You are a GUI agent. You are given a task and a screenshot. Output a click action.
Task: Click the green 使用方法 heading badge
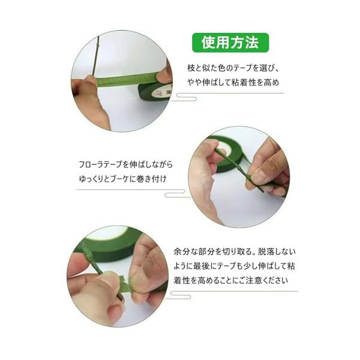tap(230, 43)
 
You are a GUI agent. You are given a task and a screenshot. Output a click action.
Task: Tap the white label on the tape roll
tap(162, 92)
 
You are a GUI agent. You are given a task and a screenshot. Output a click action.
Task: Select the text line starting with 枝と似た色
tap(233, 68)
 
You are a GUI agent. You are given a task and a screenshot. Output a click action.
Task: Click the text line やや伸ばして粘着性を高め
tap(233, 82)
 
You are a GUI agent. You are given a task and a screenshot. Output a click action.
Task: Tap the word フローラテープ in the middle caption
tap(101, 164)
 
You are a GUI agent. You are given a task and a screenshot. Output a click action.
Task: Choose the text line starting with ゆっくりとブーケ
tap(122, 179)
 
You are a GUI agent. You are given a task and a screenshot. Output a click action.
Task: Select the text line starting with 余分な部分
tap(235, 251)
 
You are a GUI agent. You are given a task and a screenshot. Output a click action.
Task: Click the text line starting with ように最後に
tap(234, 266)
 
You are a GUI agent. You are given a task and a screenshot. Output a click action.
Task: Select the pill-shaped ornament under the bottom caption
tap(181, 295)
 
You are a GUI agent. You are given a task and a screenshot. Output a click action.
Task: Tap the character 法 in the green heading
tap(252, 43)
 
